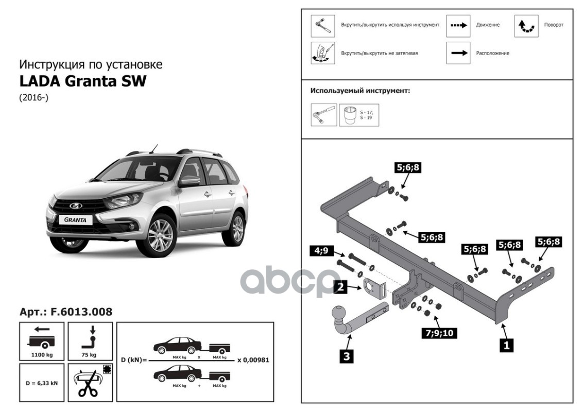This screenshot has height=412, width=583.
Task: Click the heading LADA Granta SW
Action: pos(82,81)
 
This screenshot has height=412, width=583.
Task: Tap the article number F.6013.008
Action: pos(65,312)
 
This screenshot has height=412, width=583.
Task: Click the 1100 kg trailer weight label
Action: pos(41,355)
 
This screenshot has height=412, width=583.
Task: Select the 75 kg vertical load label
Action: pos(89,355)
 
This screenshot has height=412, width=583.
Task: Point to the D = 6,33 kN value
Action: pos(41,383)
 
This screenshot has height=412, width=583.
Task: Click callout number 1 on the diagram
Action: pos(506,346)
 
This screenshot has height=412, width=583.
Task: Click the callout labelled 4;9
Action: pos(321,252)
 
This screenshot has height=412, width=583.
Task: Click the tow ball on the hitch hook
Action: pos(338,313)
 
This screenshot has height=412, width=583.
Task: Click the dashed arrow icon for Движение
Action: pos(458,25)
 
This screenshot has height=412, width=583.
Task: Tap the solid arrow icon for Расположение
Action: pos(458,53)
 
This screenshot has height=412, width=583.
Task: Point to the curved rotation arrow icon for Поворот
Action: pos(526,25)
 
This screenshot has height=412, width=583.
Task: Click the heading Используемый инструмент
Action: pos(359,91)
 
